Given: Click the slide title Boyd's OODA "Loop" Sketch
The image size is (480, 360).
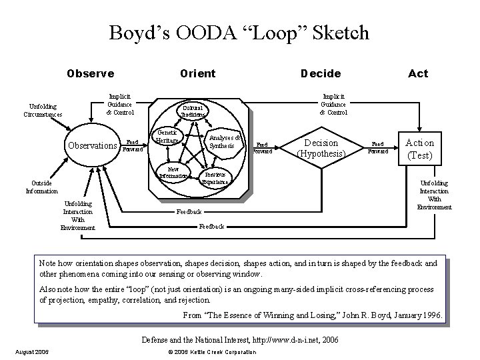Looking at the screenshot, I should [x=239, y=32].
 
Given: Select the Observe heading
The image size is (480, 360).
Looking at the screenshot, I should [x=90, y=73].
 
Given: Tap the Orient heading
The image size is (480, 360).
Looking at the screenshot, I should [x=197, y=73].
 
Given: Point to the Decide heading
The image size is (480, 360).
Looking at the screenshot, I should [x=321, y=73].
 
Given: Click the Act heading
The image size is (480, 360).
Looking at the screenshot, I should [x=418, y=73].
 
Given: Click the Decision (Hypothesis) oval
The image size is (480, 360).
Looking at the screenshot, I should [x=321, y=147].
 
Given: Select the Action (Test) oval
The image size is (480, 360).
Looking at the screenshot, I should [x=420, y=148].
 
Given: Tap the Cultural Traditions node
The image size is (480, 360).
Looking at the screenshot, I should [x=194, y=111].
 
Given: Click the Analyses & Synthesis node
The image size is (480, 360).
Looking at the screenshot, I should [x=221, y=141].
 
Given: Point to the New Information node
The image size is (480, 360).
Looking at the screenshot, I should [x=173, y=173].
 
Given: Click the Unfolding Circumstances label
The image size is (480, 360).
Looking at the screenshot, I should [x=42, y=110].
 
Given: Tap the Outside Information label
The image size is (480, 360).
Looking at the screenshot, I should [x=41, y=187].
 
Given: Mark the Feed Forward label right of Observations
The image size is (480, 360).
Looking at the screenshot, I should [x=132, y=145].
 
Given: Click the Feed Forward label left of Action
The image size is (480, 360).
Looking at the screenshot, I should [x=378, y=147].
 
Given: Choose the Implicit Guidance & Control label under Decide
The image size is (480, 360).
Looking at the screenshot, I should [x=333, y=104].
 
